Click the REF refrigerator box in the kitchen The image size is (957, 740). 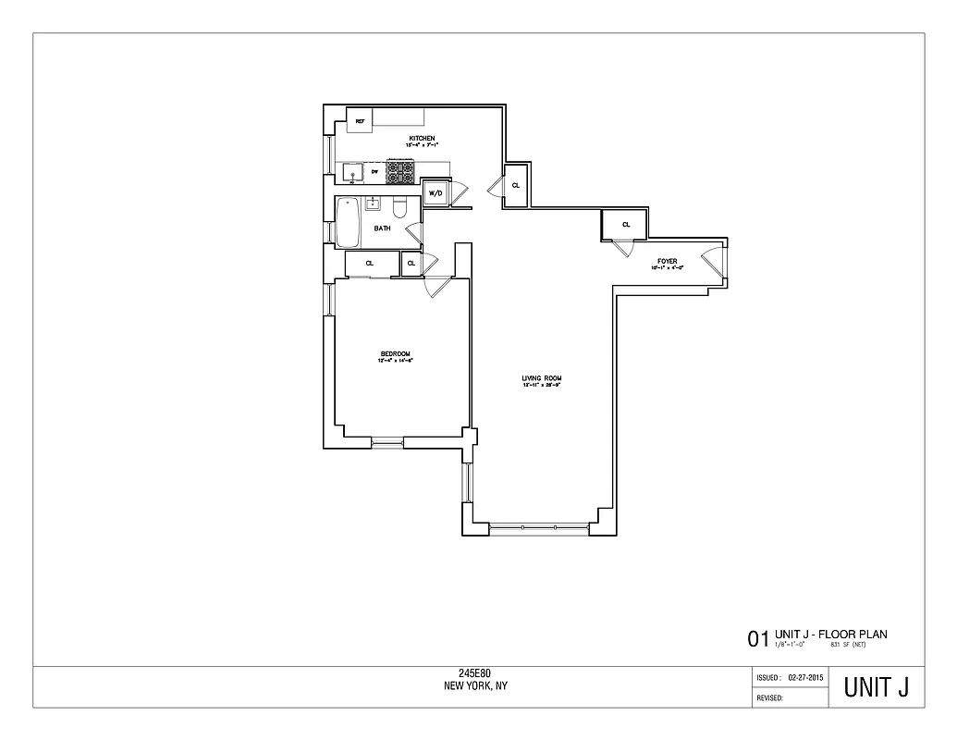tap(359, 121)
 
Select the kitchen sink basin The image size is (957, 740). tap(351, 172)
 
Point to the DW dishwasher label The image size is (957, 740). tap(374, 172)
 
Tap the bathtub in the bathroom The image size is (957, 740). tap(348, 222)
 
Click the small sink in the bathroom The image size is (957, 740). tap(374, 203)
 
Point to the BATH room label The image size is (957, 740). tap(382, 228)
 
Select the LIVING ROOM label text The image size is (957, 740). tap(542, 378)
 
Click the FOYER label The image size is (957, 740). tap(668, 262)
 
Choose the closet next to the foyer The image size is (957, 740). tap(625, 224)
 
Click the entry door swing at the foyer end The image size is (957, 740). tap(713, 259)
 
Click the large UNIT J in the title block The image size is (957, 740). tap(875, 688)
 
